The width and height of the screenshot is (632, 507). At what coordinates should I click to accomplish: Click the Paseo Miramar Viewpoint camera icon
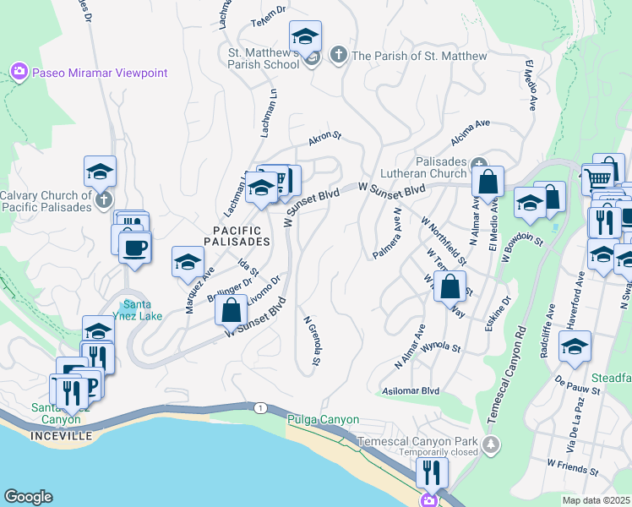19,73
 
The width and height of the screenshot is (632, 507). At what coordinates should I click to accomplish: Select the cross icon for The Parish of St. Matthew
338,56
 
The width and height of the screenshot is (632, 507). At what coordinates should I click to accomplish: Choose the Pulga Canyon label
324,419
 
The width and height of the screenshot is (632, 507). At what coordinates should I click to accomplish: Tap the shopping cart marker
597,177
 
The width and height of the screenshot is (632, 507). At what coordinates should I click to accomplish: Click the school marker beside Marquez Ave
188,262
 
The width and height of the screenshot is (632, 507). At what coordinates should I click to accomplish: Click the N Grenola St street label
312,341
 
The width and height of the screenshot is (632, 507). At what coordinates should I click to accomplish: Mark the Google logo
28,497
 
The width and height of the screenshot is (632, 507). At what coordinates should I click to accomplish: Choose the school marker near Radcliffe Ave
575,346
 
